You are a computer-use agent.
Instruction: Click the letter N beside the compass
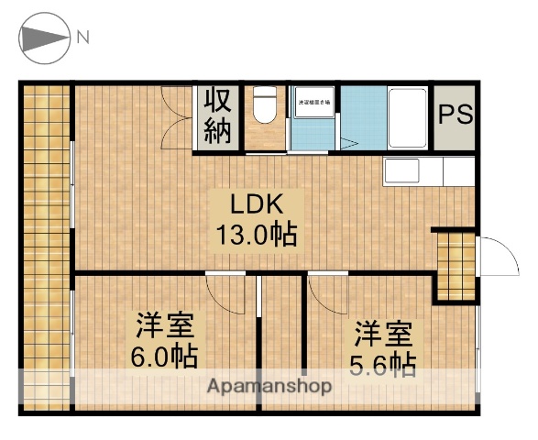point(83,38)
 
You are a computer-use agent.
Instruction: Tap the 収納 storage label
point(217,116)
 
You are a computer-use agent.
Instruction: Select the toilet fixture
point(266,104)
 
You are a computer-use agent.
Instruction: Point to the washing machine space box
point(314,102)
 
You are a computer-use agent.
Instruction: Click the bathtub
point(406,116)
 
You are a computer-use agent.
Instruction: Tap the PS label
point(455,115)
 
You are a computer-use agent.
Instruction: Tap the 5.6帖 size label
point(383,364)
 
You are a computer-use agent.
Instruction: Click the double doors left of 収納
point(177,116)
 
